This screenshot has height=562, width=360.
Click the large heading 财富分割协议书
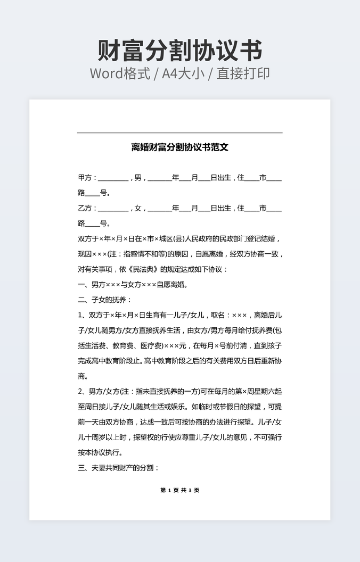pos(180,51)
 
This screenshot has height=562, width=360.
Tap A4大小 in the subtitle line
pos(183,74)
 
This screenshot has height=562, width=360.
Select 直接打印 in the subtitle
pos(243,74)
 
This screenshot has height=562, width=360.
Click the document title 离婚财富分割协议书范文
pos(180,147)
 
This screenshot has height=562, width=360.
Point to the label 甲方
pos(85,178)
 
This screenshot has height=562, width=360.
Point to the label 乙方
pos(85,208)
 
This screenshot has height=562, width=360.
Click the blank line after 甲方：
pos(113,179)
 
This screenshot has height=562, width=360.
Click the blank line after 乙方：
pos(113,209)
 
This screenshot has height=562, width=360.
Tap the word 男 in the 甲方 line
pos(138,178)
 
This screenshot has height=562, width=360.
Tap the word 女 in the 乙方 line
pos(138,208)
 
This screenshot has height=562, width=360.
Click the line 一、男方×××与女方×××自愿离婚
pos(133,285)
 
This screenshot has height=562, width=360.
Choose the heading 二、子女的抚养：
pos(105,300)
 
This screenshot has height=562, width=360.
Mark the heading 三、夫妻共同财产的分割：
pos(119,468)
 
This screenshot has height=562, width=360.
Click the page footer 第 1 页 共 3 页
pos(179,490)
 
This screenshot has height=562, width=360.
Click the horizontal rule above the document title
pos(179,133)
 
